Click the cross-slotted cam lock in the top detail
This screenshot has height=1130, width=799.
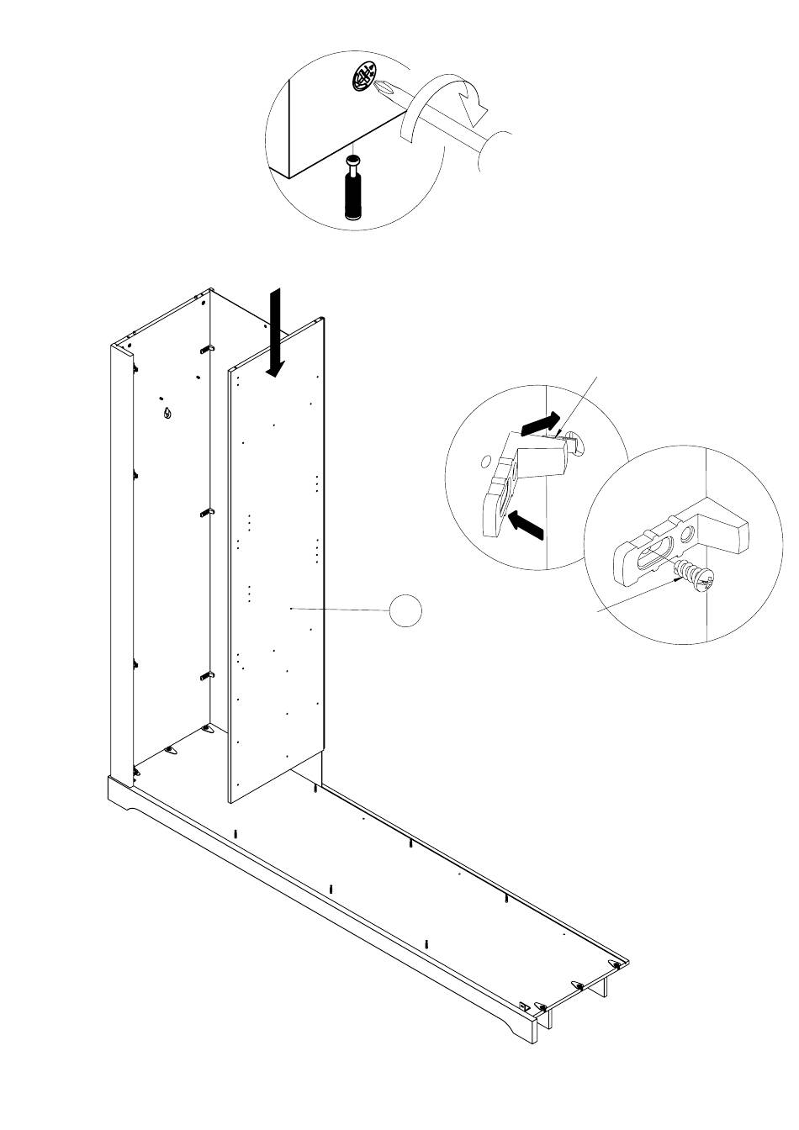click(x=363, y=79)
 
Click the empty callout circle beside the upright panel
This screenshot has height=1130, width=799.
click(x=406, y=610)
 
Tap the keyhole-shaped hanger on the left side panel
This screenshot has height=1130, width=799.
click(x=167, y=412)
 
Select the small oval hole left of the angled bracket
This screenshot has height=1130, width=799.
click(x=484, y=461)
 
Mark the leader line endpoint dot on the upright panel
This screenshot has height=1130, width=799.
click(x=290, y=608)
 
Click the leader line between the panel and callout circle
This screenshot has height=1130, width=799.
click(x=341, y=609)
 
